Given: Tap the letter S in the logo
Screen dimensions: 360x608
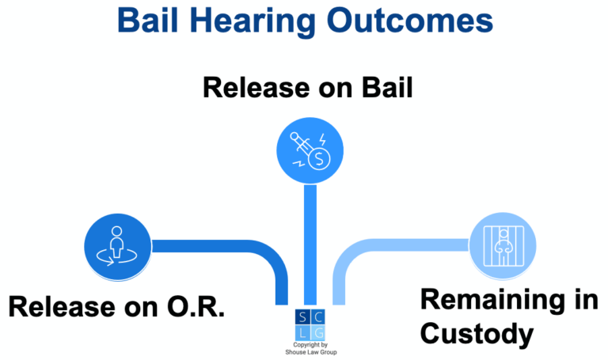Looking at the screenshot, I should coord(300,316).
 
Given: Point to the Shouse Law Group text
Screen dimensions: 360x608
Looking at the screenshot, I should coord(310,354).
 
